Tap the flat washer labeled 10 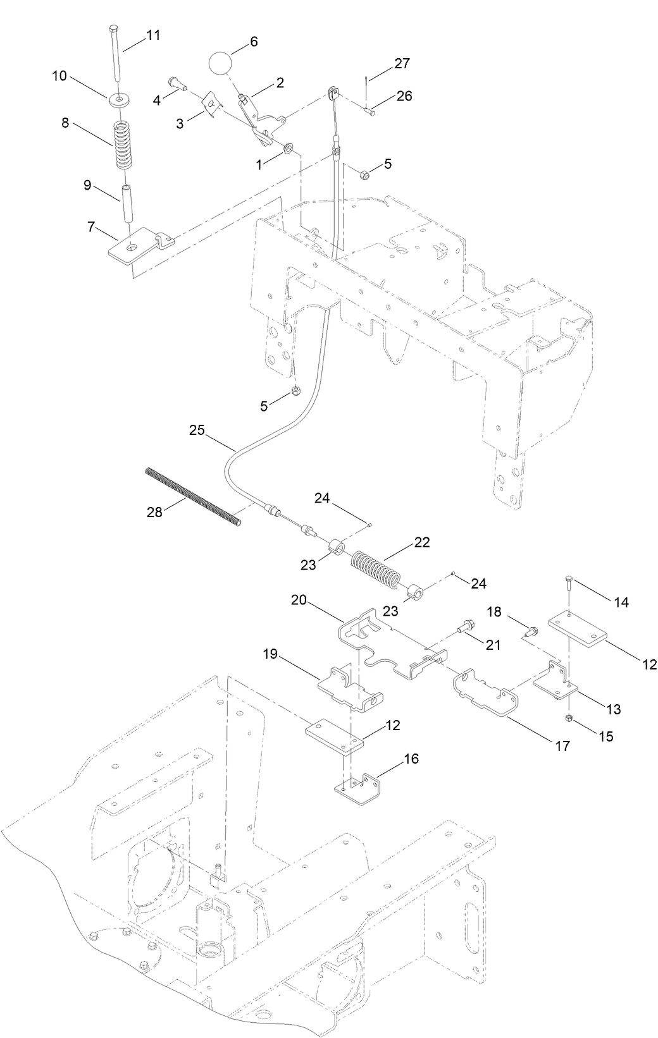(x=117, y=100)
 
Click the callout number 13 (x=612, y=709)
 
